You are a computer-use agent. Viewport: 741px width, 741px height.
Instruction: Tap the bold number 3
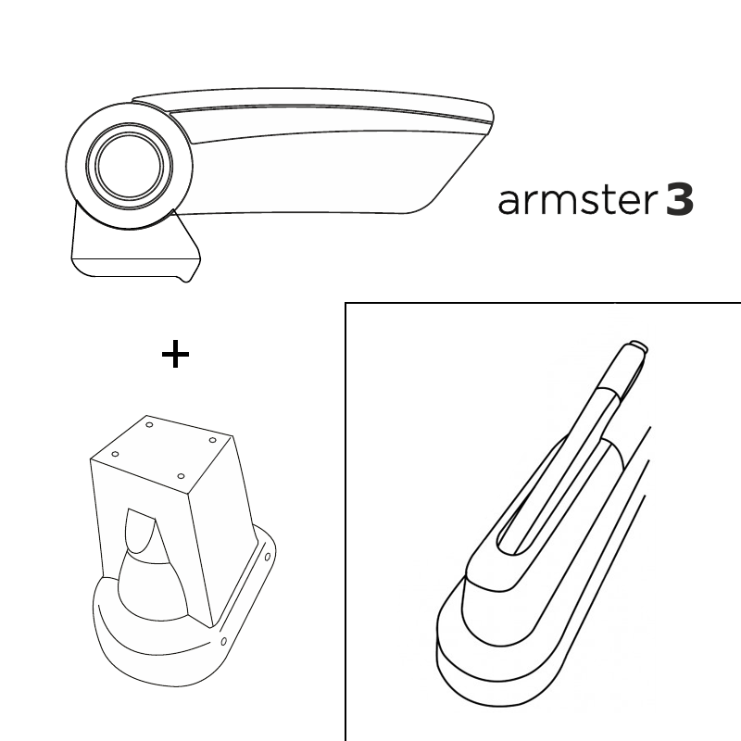click(x=680, y=200)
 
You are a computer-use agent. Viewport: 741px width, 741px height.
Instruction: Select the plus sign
click(x=175, y=354)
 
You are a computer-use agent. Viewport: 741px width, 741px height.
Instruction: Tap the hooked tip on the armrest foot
click(x=188, y=277)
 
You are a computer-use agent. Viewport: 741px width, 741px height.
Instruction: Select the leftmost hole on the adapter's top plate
click(x=115, y=454)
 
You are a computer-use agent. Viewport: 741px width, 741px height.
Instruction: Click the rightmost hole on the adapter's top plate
click(x=213, y=440)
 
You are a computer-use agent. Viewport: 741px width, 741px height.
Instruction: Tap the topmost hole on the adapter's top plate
click(x=149, y=425)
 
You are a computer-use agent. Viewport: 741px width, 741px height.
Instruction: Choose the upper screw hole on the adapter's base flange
click(x=268, y=557)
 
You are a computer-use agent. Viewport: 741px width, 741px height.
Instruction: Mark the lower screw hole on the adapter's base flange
click(x=224, y=641)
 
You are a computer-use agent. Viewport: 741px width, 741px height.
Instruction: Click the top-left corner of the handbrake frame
click(x=345, y=303)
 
